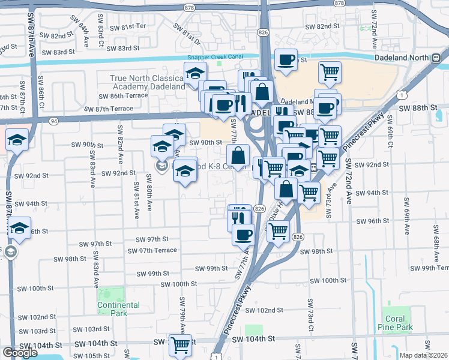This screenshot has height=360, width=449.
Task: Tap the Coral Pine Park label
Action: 397,323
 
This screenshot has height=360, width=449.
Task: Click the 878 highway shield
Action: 190,7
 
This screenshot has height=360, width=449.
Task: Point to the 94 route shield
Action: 54,121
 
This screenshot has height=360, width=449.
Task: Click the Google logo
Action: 20,353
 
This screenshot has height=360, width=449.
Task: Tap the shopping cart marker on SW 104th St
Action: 180,345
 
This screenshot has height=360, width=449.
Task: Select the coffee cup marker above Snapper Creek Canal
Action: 286,59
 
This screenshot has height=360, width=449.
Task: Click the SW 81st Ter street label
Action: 125,27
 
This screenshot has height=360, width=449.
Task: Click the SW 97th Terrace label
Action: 156,250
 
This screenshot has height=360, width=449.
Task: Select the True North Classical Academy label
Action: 147,83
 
